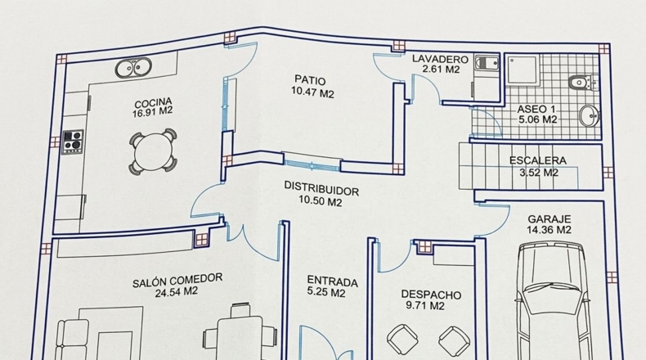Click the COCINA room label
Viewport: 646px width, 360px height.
click(153, 102)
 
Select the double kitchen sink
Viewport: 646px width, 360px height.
click(133, 68)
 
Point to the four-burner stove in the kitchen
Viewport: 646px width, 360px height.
click(73, 142)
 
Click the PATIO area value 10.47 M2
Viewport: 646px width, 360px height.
click(312, 92)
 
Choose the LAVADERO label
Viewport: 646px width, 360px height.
click(441, 59)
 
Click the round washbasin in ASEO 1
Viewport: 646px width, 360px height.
click(589, 115)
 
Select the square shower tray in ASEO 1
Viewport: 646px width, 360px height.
click(523, 70)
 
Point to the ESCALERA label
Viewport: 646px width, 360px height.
click(538, 160)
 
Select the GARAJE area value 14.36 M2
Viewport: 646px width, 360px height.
click(550, 230)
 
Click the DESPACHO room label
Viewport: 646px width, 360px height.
click(431, 295)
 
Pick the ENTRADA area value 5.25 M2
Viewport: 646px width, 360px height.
click(326, 292)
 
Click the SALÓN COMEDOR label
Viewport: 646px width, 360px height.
click(177, 281)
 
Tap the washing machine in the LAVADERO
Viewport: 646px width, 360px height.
click(487, 64)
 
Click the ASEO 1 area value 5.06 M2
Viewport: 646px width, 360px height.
click(537, 119)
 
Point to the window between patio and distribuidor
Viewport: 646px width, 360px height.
click(312, 160)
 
